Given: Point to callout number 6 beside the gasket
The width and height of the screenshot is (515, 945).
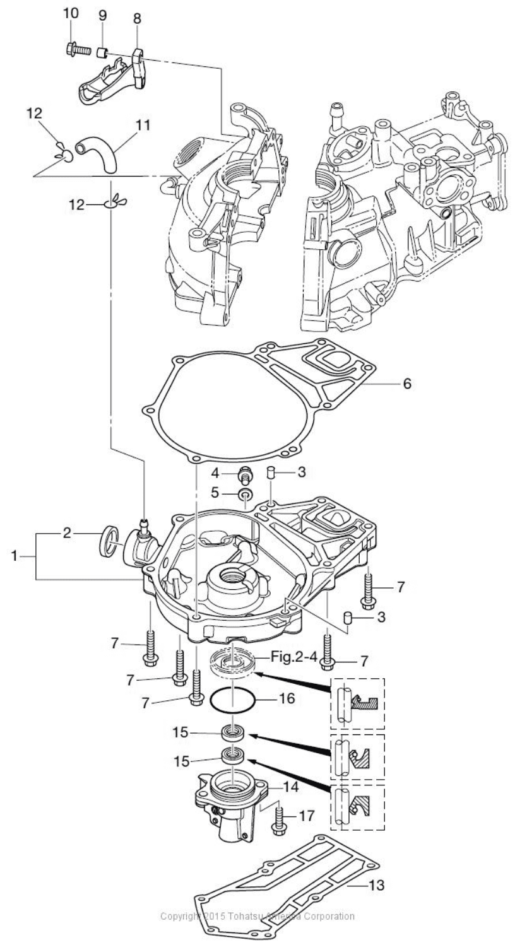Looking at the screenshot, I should click(408, 383).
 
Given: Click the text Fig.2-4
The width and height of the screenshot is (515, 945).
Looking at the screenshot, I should click(294, 657).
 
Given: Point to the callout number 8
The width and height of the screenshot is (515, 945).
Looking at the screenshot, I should click(137, 18).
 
